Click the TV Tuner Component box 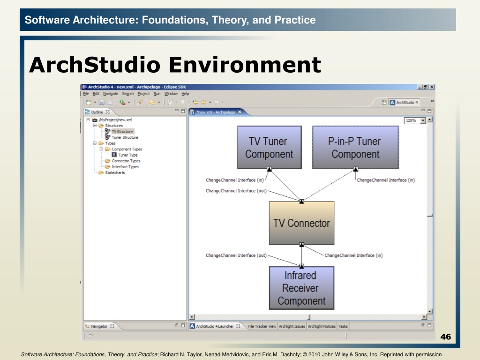[270, 147]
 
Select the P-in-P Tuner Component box [355, 147]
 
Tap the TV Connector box [301, 223]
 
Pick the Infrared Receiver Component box [301, 288]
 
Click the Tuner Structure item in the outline [125, 137]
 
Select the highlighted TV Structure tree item [122, 131]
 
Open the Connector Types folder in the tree [126, 161]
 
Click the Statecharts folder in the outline [115, 172]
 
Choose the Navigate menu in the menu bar [111, 94]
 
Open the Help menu [185, 94]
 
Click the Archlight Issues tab [292, 326]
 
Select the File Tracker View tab [262, 326]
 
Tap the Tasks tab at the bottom [343, 326]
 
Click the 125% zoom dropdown [415, 120]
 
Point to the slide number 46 [445, 337]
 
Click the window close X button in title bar [432, 87]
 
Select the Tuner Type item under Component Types [127, 155]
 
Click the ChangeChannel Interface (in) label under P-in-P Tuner [386, 180]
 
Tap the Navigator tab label [99, 326]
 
